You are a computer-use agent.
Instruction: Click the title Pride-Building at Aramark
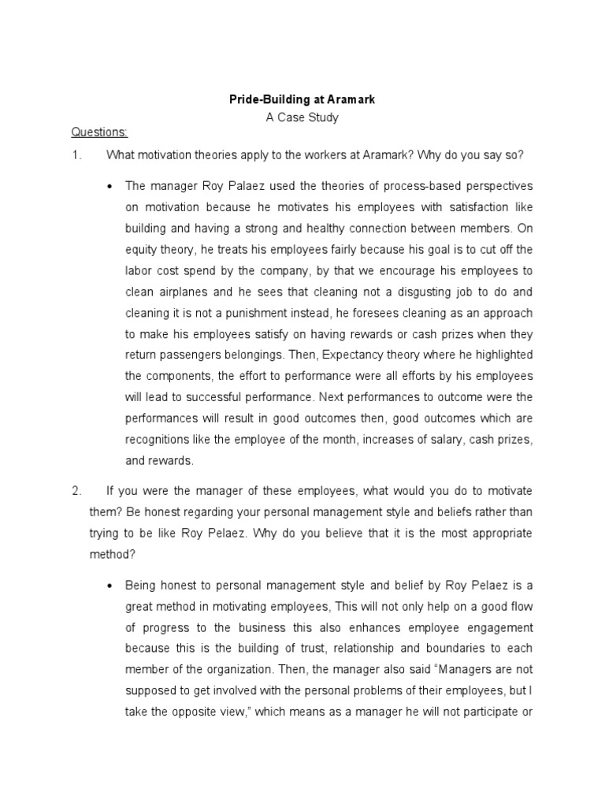click(302, 101)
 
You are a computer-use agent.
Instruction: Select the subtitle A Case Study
click(302, 118)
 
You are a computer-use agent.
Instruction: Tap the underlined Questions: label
click(99, 132)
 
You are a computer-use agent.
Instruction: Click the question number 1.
click(76, 155)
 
